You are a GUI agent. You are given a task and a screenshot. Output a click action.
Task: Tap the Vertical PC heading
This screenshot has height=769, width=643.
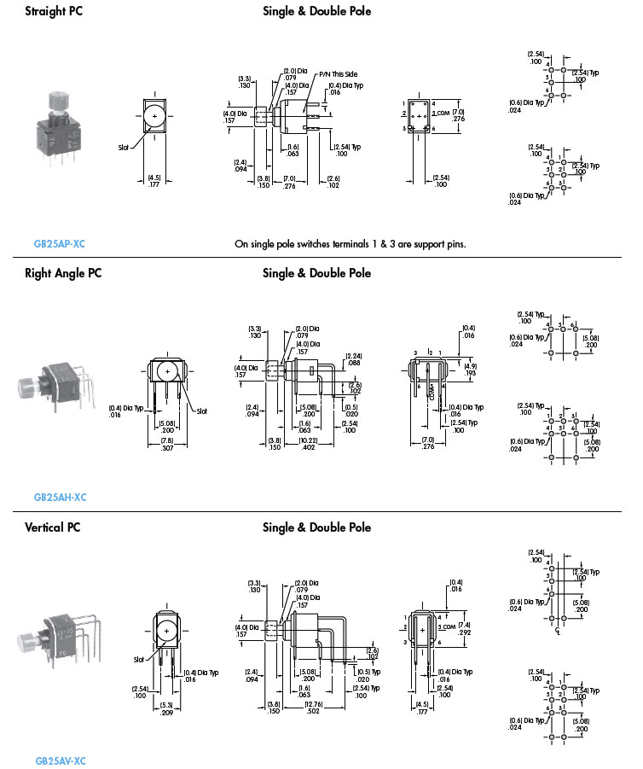[x=55, y=527]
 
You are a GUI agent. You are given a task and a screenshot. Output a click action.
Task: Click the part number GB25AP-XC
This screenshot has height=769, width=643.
[x=60, y=244]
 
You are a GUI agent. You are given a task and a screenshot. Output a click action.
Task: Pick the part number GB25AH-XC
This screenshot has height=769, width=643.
[x=60, y=498]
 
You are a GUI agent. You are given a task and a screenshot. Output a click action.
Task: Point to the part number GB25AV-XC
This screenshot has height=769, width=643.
[x=61, y=760]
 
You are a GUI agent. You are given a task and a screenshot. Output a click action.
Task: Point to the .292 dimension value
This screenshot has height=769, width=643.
[x=464, y=633]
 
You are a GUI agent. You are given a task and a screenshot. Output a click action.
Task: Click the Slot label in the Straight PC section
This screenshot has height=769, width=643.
[x=123, y=148]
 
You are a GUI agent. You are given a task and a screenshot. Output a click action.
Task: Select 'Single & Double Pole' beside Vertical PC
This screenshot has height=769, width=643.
[x=316, y=527]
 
